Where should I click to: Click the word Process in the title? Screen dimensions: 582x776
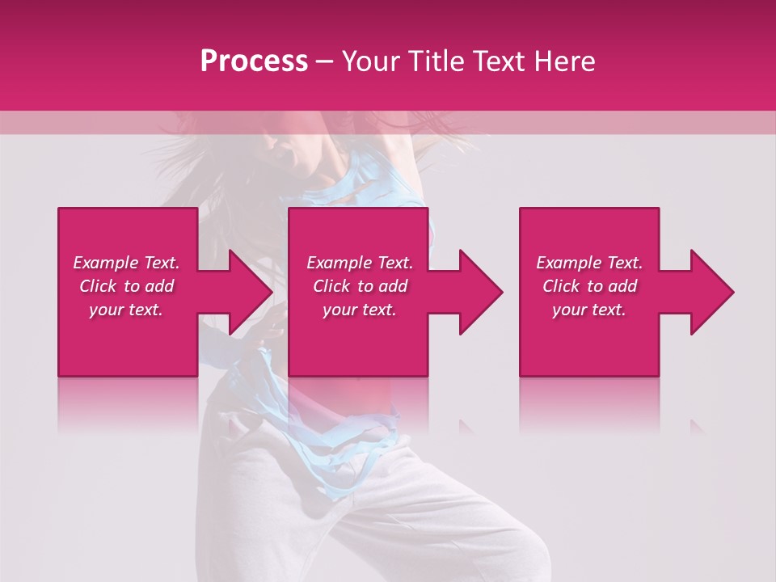click(x=254, y=61)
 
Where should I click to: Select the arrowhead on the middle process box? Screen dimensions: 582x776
click(x=479, y=292)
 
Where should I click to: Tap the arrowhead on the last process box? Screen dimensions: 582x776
click(x=711, y=292)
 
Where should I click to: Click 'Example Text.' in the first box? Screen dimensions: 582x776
click(x=126, y=263)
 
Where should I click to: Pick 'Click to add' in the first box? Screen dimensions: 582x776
click(x=126, y=286)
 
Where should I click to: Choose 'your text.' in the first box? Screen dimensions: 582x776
click(x=126, y=310)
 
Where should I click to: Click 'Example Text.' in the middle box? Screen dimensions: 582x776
click(x=360, y=263)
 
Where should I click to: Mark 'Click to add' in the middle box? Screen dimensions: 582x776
click(x=360, y=286)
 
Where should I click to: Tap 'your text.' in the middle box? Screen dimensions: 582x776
click(x=360, y=310)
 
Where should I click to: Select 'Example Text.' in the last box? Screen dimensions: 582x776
click(x=589, y=263)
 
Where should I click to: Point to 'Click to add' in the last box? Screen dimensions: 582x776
click(x=589, y=286)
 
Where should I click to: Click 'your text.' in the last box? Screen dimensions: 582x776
click(x=589, y=310)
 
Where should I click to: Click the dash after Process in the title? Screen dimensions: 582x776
click(x=325, y=62)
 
